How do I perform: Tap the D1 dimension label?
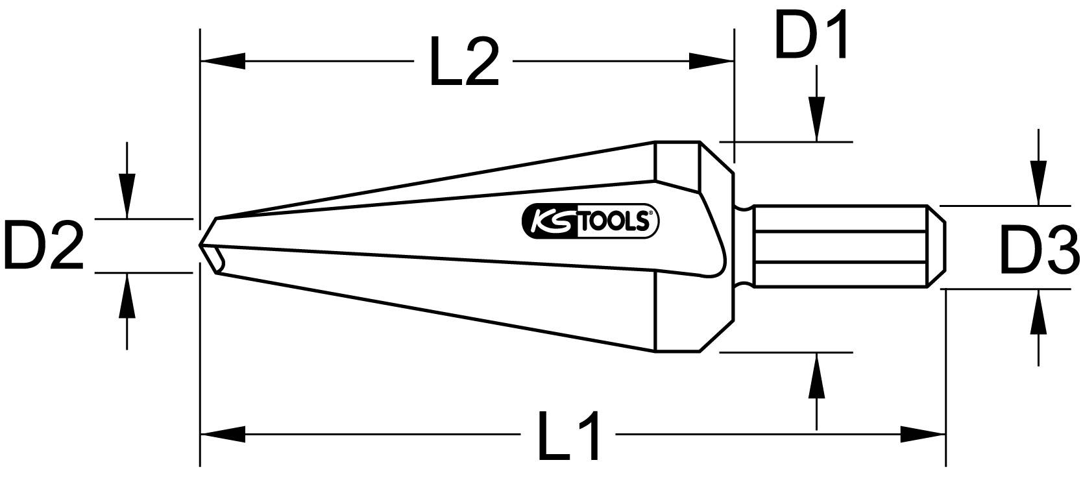tap(811, 34)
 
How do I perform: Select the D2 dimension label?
tap(43, 245)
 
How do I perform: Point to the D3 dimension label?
tap(1038, 250)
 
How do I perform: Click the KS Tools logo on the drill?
tap(590, 222)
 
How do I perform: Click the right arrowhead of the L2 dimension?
tap(711, 62)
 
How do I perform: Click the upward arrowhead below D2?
tap(127, 295)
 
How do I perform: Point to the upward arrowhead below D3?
tap(1038, 312)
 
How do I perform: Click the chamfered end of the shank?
tap(934, 246)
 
